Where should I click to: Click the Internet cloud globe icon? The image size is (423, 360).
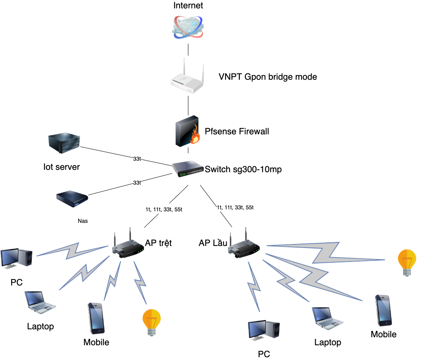[188, 27]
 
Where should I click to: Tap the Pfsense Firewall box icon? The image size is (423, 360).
[188, 130]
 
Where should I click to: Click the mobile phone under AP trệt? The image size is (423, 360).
[96, 319]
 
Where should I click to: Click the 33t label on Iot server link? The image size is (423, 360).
[137, 159]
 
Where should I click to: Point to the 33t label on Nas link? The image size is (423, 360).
[137, 183]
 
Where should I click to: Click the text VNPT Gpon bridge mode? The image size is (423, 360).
[268, 77]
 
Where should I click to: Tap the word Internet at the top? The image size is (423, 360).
[188, 6]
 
